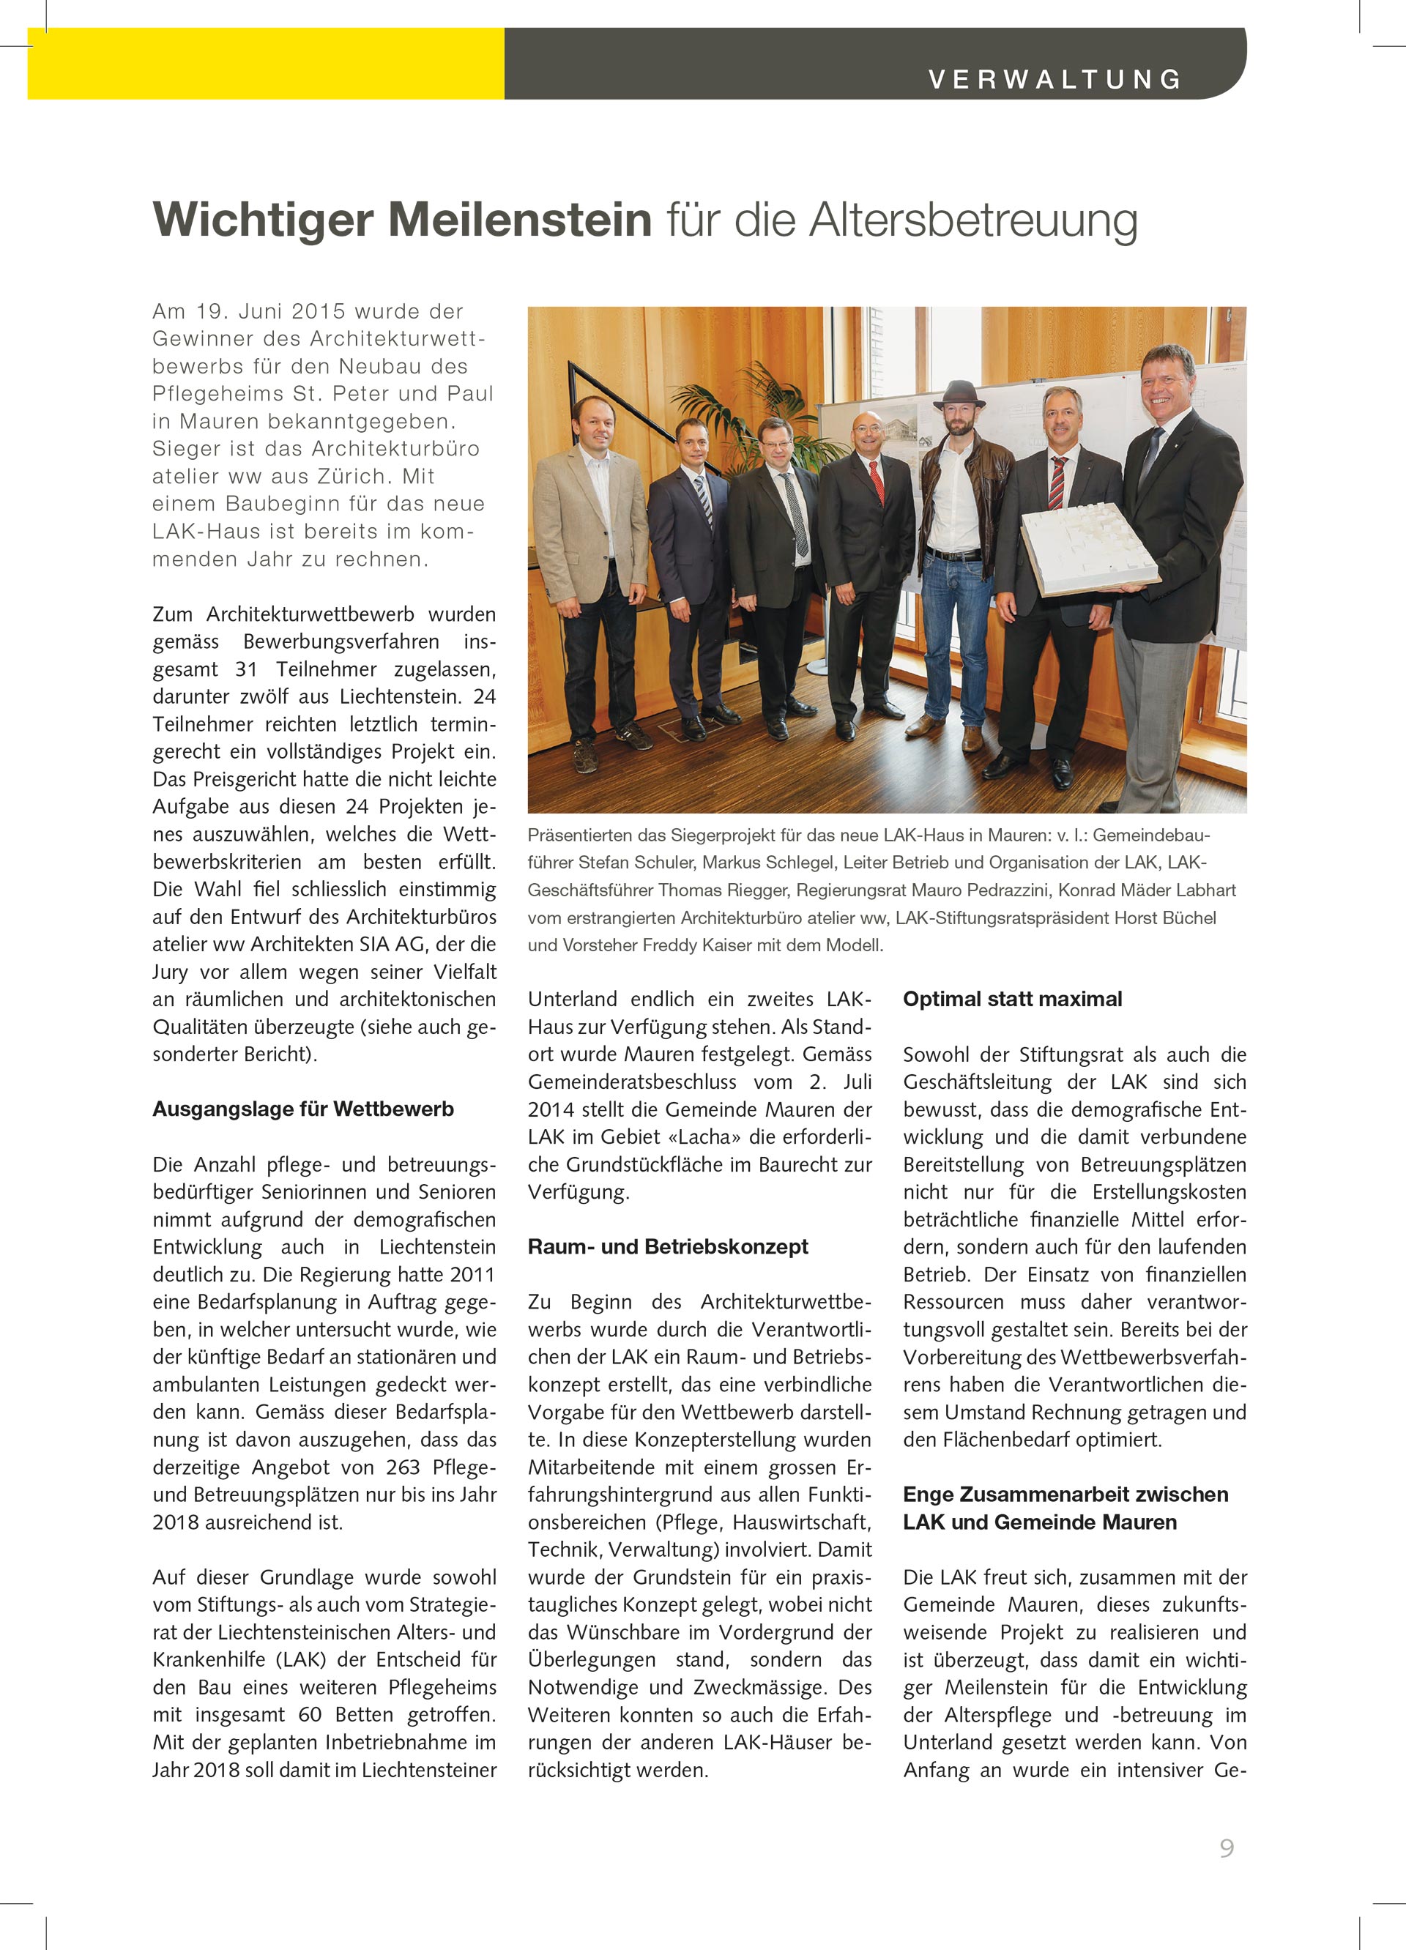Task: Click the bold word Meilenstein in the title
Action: (x=520, y=220)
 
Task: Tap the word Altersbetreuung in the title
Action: (x=972, y=220)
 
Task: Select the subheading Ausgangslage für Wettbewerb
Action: (x=302, y=1109)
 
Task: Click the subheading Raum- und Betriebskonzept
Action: (x=667, y=1247)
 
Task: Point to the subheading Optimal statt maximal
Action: (x=1012, y=999)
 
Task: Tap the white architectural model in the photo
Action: (x=1090, y=548)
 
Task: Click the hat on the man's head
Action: (x=960, y=393)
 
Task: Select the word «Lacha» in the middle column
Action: (x=704, y=1136)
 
